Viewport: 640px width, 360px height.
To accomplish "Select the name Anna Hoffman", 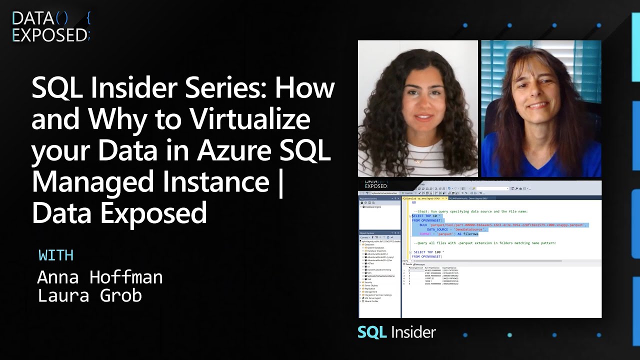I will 100,276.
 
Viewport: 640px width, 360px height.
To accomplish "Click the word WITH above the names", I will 56,255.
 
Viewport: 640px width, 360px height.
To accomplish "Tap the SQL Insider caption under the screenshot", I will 396,332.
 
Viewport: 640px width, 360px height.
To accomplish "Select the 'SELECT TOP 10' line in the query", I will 424,215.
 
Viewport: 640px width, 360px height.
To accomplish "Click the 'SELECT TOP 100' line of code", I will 428,252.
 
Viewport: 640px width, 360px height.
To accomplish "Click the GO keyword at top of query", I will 413,202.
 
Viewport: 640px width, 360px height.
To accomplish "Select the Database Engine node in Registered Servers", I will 373,206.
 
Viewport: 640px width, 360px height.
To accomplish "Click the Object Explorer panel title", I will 368,233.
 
